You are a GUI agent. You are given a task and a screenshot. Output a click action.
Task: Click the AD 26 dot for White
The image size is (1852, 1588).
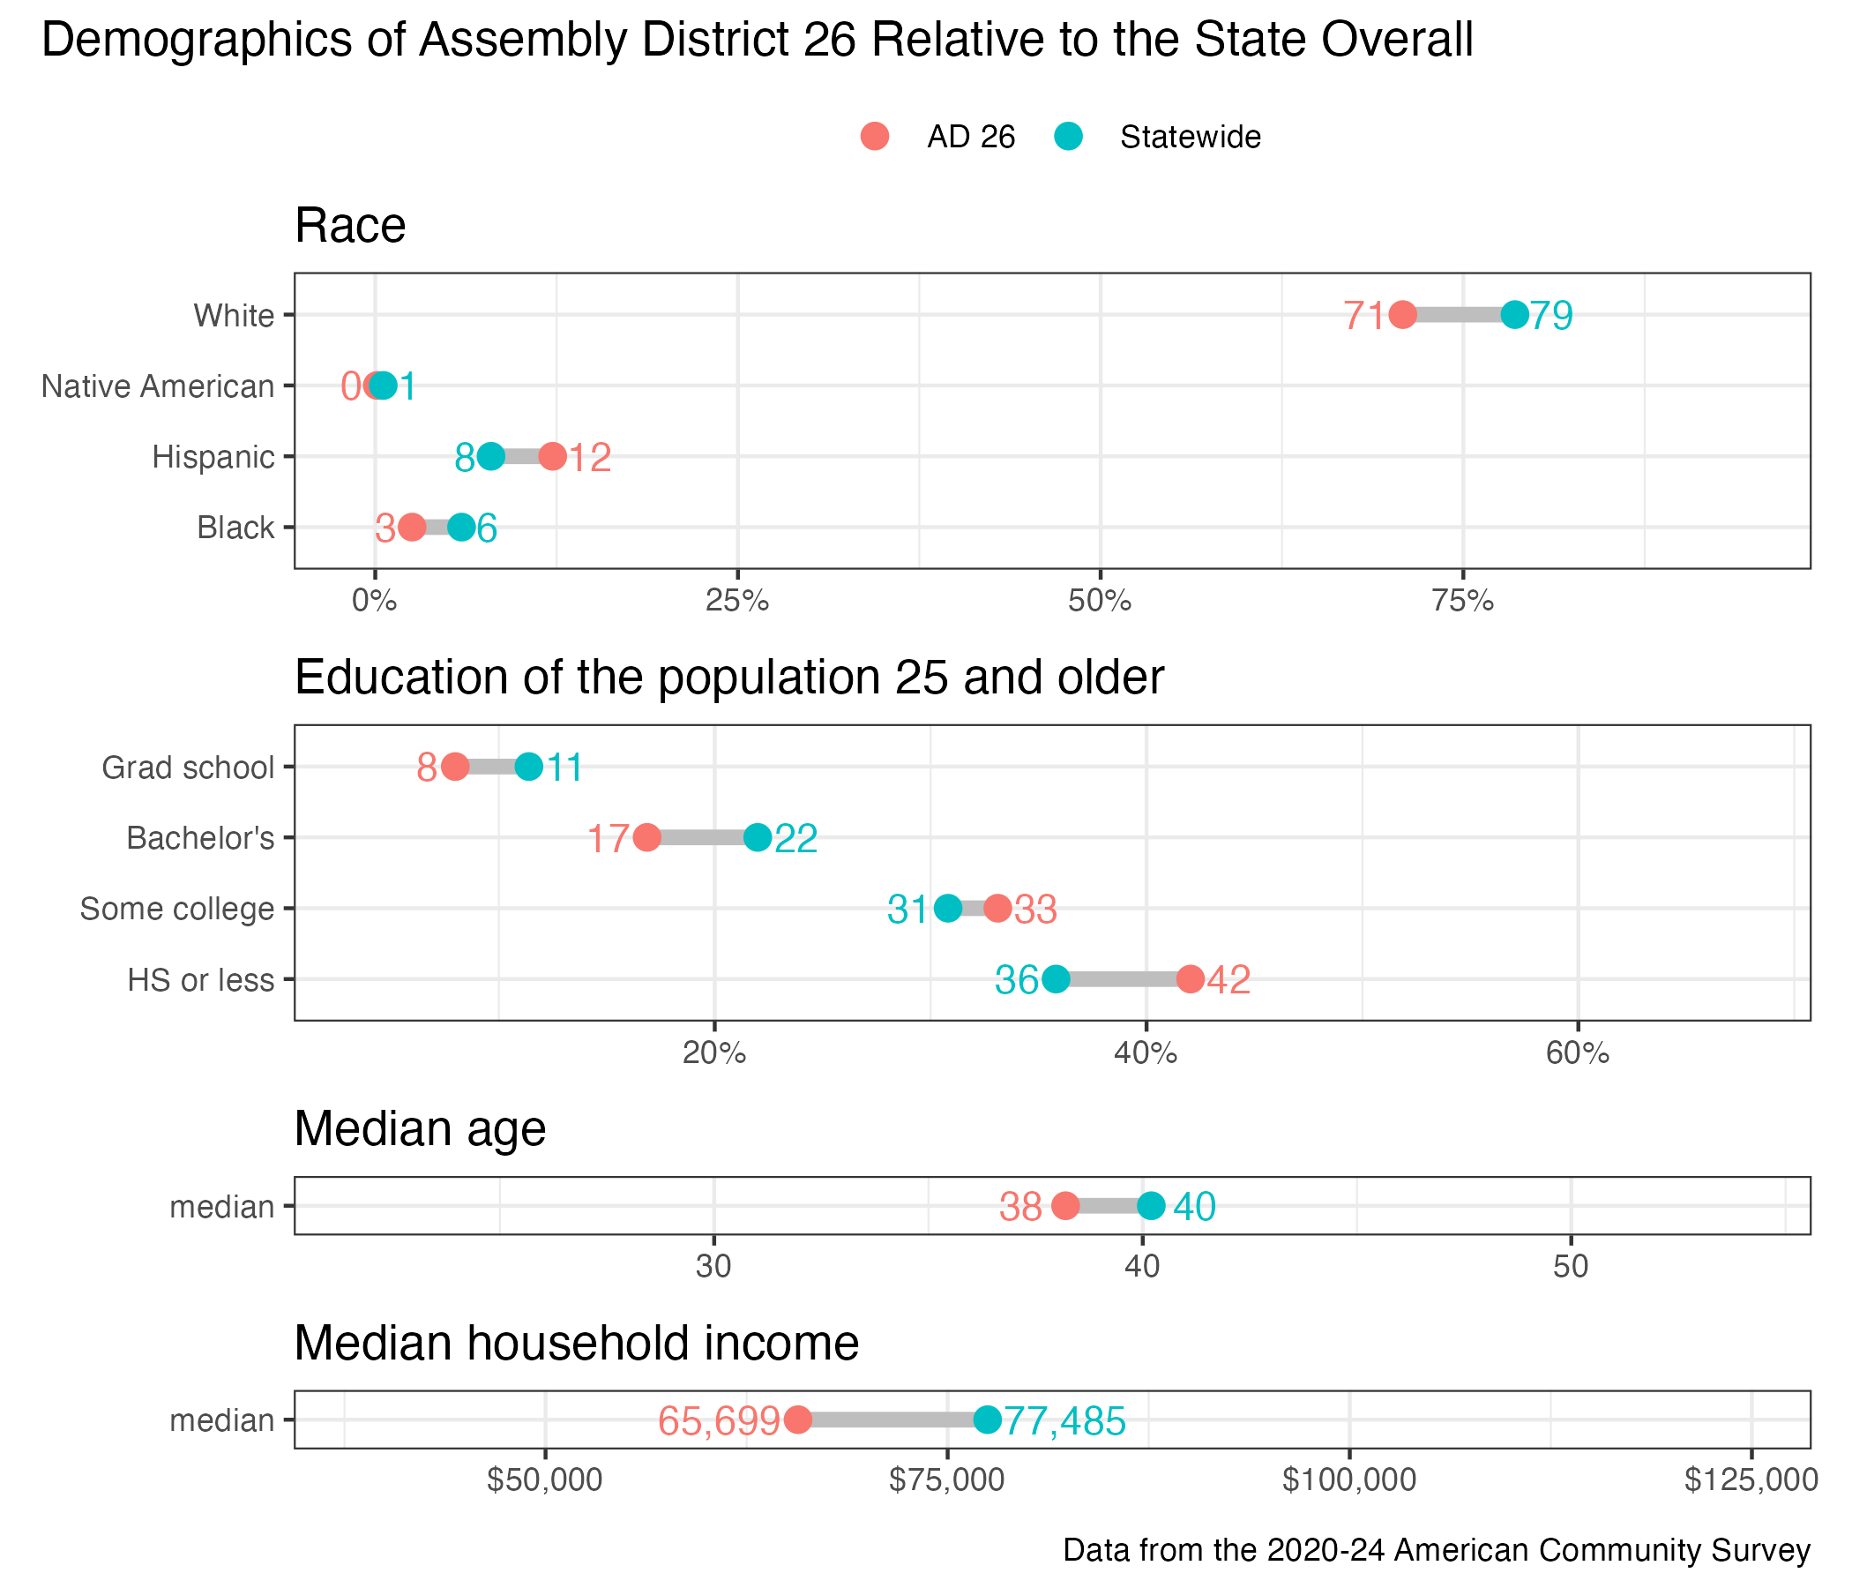tap(1402, 315)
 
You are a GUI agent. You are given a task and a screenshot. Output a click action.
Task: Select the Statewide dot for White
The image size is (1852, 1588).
tap(1514, 315)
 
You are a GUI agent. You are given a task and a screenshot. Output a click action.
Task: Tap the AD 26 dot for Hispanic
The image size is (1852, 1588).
tap(552, 457)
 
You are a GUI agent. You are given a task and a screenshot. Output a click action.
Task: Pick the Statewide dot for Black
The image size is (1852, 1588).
tap(461, 528)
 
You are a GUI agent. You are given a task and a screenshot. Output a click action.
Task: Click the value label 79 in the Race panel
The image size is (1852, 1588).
tap(1550, 316)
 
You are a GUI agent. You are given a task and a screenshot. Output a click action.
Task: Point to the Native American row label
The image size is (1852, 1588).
tap(158, 386)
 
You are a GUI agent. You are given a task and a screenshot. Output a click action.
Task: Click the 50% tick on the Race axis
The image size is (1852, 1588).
tap(1101, 601)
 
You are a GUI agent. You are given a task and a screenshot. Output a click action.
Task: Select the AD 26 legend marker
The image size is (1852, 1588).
tap(875, 137)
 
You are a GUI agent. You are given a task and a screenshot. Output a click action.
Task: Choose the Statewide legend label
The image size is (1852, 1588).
tap(1190, 137)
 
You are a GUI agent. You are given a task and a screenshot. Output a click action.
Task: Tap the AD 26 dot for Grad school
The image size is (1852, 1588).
tap(455, 768)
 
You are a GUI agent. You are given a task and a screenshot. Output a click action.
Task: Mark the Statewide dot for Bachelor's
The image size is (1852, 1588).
tap(757, 838)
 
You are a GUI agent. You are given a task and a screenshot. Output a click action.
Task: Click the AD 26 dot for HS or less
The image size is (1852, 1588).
tap(1190, 979)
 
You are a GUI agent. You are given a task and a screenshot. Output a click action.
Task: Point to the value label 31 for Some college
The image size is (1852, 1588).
tap(908, 910)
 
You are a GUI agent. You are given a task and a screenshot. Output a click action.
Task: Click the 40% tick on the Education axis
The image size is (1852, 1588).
tap(1145, 1053)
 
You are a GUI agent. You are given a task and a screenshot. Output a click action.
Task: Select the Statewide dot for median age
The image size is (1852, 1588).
tap(1151, 1206)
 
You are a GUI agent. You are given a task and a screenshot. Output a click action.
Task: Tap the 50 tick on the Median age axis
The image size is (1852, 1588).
tap(1571, 1267)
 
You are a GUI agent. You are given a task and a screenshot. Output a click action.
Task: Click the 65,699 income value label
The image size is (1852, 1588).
tap(719, 1420)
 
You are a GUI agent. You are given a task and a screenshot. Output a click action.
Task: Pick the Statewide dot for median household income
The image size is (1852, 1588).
tap(987, 1419)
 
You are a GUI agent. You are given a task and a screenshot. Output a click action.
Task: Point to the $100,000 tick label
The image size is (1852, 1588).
tap(1348, 1480)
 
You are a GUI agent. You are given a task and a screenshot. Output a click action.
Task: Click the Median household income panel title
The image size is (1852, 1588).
tap(577, 1343)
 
